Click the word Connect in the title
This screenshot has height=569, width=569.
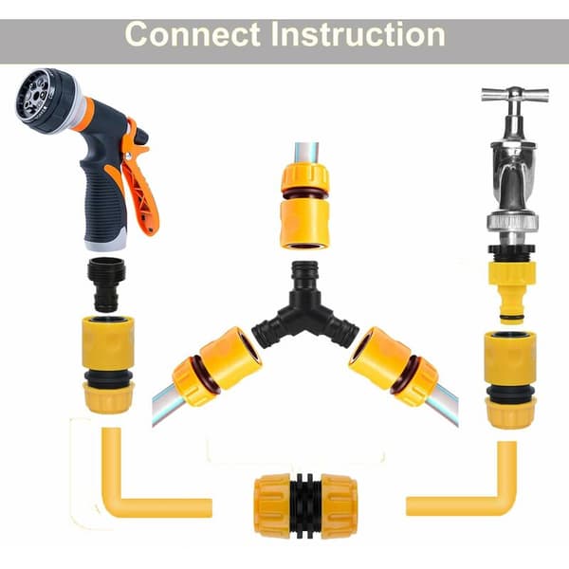[x=193, y=34]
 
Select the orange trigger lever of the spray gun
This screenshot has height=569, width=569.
[x=139, y=178]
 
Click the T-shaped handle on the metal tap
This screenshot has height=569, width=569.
[x=515, y=94]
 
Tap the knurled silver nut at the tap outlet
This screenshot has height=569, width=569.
[x=512, y=222]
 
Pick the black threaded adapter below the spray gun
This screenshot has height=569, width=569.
[x=106, y=284]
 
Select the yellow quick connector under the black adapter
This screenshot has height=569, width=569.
[x=108, y=364]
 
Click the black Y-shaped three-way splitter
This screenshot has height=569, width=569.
[x=305, y=308]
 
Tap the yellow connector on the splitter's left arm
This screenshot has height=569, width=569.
[x=217, y=365]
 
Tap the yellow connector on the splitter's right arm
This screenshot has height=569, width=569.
[x=394, y=365]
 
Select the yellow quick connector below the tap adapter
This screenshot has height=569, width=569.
[x=510, y=379]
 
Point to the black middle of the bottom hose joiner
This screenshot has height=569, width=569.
[x=305, y=505]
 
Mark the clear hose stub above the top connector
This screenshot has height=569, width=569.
[x=306, y=153]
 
